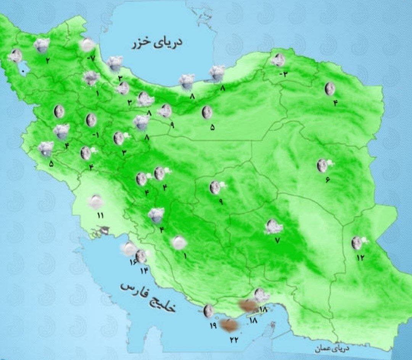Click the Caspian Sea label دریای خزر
157,43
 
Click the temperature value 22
234,339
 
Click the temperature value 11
100,216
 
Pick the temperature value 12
360,257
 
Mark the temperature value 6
327,180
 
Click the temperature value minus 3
283,74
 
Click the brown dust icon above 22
230,325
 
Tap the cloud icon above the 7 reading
274,227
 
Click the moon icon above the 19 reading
208,311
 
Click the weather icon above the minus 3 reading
278,60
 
